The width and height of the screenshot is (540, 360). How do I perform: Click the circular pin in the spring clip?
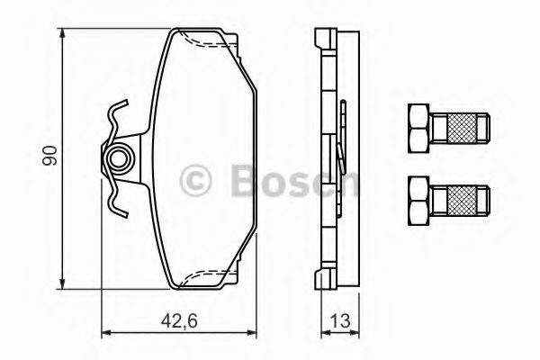(x=117, y=159)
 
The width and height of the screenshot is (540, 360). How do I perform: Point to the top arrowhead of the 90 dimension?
(x=63, y=33)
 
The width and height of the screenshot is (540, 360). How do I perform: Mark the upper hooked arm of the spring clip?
(x=113, y=115)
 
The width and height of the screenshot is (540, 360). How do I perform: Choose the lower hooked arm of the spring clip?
(x=113, y=203)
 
